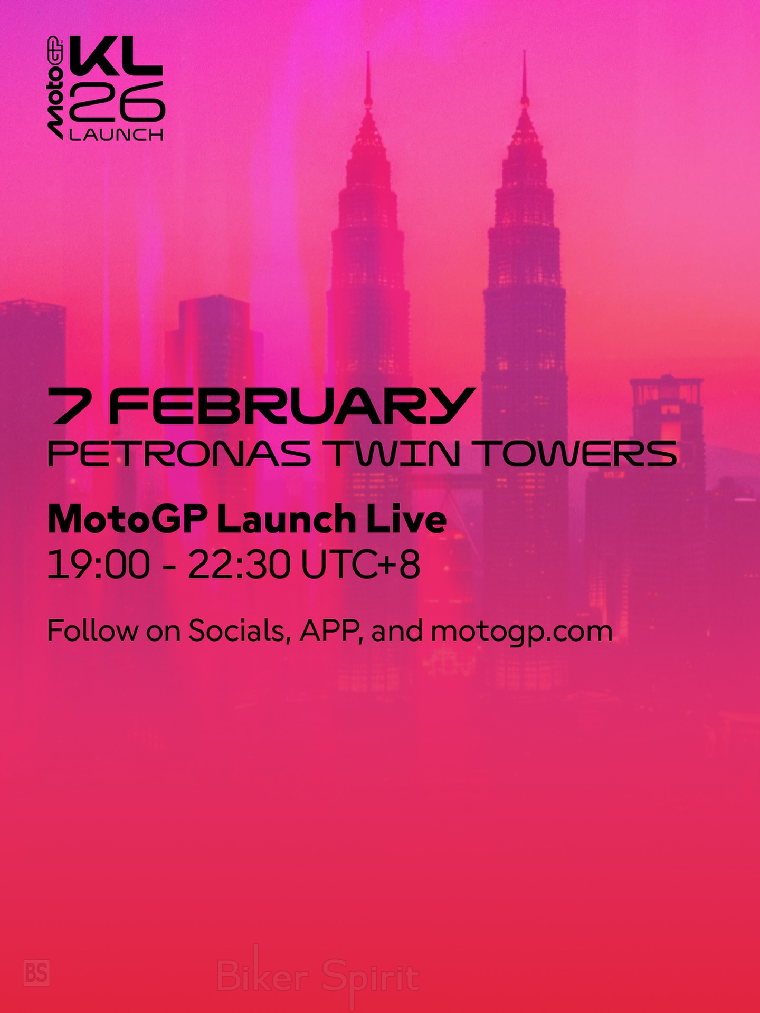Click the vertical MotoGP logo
coord(56,88)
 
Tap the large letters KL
coord(116,56)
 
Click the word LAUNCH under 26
coord(116,135)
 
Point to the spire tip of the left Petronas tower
coord(368,52)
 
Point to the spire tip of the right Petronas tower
coord(524,51)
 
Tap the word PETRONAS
coord(179,454)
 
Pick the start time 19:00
coord(99,565)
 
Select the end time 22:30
coord(239,565)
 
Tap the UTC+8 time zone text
coord(361,565)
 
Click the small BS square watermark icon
coord(37,973)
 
